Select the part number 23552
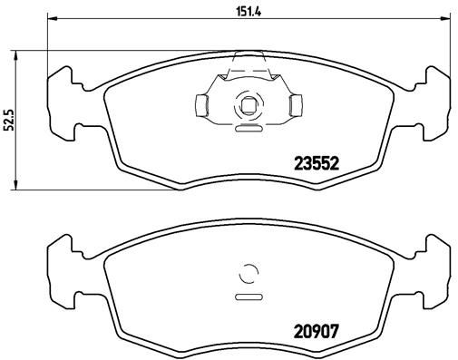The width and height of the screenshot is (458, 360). point(317,164)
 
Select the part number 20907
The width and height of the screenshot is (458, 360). point(317,332)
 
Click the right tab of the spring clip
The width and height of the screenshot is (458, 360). point(292,106)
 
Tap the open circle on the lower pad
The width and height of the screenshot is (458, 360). point(247,273)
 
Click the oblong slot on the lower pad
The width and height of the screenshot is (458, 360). point(247,296)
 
